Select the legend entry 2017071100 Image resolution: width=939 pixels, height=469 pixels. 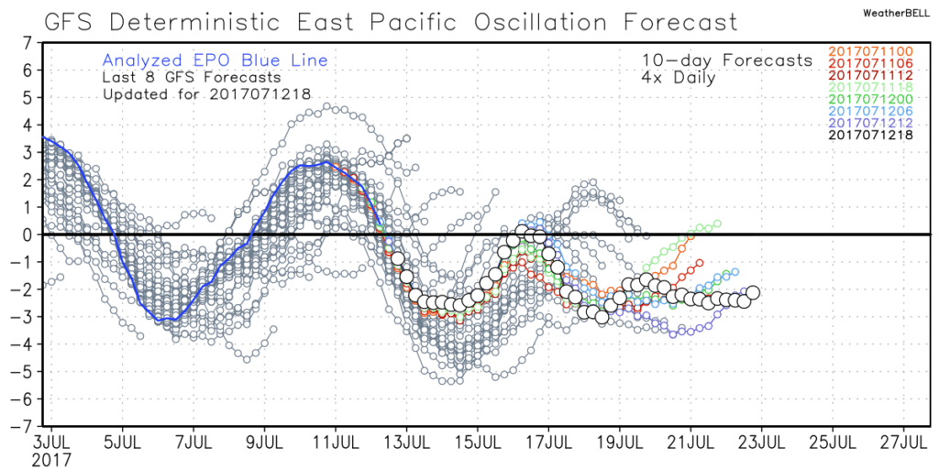click(871, 51)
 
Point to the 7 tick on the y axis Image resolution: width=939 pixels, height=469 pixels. click(27, 42)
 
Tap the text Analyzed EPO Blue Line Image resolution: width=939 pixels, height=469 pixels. click(215, 61)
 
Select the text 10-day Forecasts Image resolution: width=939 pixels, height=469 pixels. click(727, 60)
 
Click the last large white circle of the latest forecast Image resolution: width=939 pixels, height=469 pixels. click(752, 293)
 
